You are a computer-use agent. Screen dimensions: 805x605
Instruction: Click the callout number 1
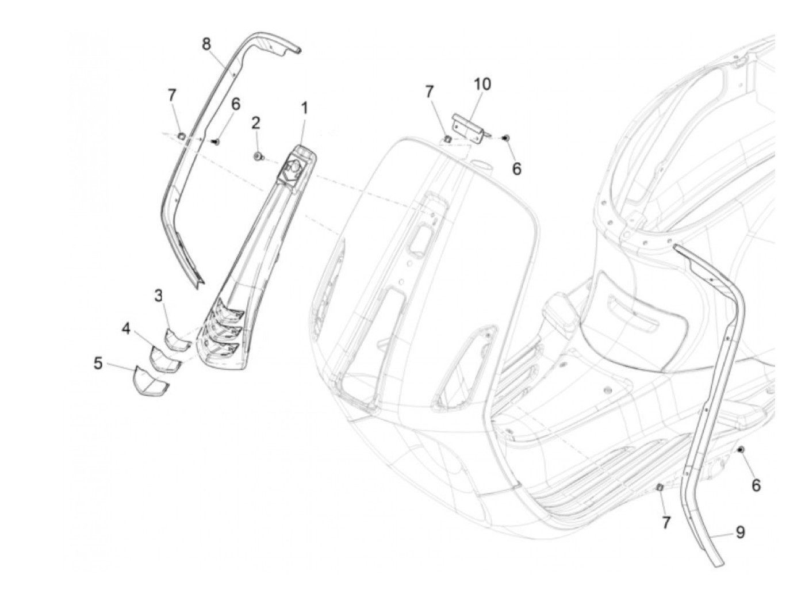304,108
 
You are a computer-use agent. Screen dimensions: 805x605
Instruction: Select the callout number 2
256,122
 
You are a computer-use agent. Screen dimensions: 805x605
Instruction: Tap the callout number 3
159,296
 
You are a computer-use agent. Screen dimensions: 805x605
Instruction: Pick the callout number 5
98,363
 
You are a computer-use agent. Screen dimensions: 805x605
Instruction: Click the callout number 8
206,44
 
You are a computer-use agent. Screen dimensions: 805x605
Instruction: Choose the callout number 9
740,533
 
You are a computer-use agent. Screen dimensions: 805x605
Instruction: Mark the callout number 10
482,84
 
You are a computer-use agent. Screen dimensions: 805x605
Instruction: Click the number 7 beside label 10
430,92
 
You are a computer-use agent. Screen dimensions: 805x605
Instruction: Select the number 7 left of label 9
666,523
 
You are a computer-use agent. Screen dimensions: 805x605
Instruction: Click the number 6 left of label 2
235,105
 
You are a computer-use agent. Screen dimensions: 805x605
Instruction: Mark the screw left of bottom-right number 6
741,449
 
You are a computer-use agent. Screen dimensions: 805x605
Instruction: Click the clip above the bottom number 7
660,488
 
